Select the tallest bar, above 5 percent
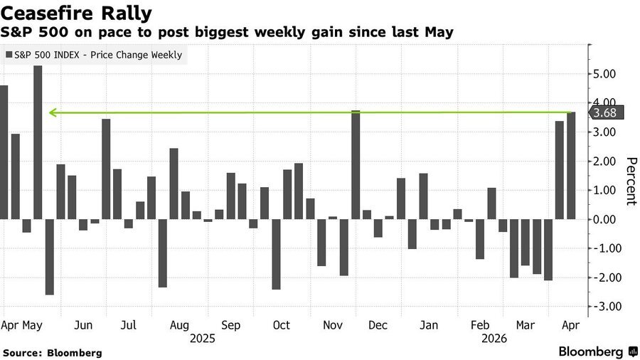pos(38,142)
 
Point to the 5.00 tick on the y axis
pos(605,74)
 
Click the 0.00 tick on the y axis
pos(605,219)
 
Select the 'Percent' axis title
pos(629,181)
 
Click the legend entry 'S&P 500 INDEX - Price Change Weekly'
pos(97,55)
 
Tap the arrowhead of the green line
pos(51,112)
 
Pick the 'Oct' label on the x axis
pos(281,325)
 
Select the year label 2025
pos(203,339)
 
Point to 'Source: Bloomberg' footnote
pos(53,352)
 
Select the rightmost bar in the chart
pos(572,165)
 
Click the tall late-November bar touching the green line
pos(356,164)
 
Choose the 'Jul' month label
pos(129,325)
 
